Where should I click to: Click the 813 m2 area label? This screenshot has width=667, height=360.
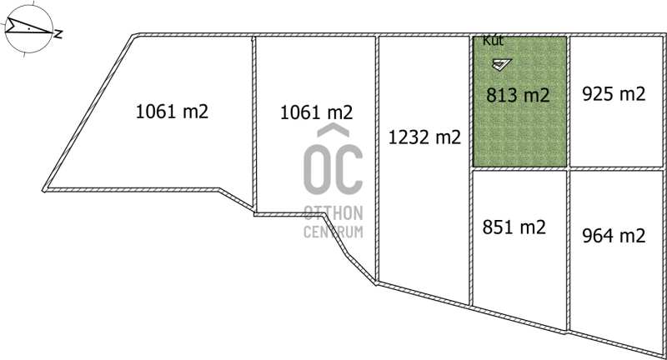(518, 95)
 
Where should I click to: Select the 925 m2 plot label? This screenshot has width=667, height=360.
(614, 94)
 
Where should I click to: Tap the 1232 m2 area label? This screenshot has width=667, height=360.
(424, 137)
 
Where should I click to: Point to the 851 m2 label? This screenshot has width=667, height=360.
(514, 227)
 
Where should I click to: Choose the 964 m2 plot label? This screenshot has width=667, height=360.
(614, 236)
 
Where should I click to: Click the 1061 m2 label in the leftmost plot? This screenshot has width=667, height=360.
(172, 112)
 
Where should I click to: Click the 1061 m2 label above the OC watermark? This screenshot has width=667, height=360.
(317, 112)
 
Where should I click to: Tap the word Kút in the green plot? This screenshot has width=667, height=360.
(493, 41)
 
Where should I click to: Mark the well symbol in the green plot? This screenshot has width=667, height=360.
(502, 64)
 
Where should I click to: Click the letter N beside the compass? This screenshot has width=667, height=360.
(58, 34)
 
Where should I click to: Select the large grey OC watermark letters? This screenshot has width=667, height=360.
(333, 169)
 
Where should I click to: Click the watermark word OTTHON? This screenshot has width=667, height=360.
(333, 213)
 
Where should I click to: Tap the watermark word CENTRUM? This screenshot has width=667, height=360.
(333, 232)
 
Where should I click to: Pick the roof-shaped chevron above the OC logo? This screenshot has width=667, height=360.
(333, 130)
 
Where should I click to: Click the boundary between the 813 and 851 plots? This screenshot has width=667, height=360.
(519, 168)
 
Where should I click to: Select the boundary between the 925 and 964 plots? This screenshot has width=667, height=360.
(616, 168)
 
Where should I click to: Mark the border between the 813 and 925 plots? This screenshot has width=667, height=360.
(568, 102)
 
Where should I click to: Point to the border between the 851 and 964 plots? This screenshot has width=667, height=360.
(568, 251)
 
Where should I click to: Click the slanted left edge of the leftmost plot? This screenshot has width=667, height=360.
(88, 112)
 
